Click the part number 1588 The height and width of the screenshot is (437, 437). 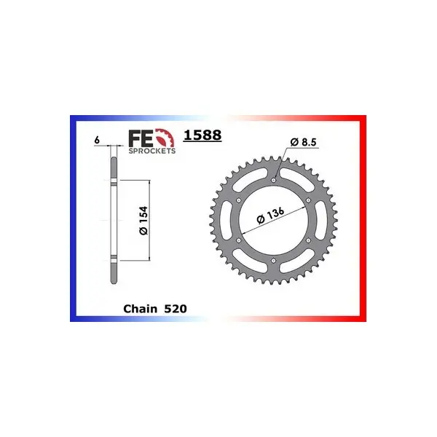pyautogui.click(x=202, y=135)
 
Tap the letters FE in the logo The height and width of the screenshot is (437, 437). pyautogui.click(x=141, y=138)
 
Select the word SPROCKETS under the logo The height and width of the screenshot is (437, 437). pyautogui.click(x=152, y=151)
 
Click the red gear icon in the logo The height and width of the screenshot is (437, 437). pyautogui.click(x=165, y=138)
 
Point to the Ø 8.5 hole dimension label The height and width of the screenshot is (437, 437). pyautogui.click(x=303, y=142)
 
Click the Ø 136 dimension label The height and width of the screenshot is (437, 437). pyautogui.click(x=270, y=216)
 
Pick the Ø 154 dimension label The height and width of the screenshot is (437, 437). pyautogui.click(x=143, y=221)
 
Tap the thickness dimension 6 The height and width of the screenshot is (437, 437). pyautogui.click(x=97, y=140)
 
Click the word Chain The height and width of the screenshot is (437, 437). pyautogui.click(x=140, y=309)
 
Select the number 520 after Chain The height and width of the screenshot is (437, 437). pyautogui.click(x=176, y=309)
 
